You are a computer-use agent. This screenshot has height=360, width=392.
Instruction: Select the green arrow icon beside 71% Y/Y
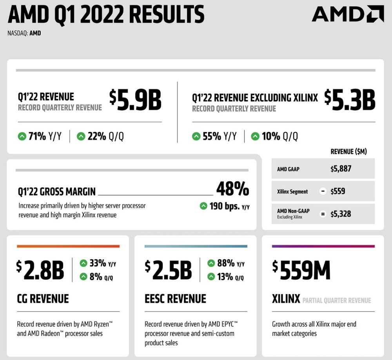click(22, 136)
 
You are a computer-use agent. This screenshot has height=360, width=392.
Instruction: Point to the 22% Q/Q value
click(100, 136)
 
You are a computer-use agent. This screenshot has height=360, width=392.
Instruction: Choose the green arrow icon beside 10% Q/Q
click(255, 136)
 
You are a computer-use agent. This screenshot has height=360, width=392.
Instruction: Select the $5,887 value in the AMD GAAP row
click(341, 169)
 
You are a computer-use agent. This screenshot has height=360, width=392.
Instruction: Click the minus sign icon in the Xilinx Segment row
click(323, 192)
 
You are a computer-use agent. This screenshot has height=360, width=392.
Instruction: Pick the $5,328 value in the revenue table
click(341, 214)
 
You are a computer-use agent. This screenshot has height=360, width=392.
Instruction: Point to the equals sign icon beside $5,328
click(323, 214)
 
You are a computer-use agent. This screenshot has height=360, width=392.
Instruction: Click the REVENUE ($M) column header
click(348, 151)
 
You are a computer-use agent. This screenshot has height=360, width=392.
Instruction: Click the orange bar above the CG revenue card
click(68, 246)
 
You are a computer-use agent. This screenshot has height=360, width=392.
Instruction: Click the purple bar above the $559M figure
click(323, 246)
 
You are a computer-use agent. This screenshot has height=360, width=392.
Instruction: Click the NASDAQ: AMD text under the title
click(24, 33)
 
